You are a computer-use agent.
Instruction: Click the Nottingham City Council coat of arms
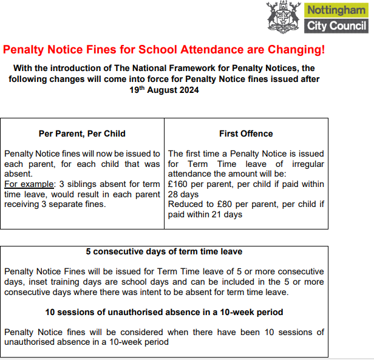click(x=283, y=17)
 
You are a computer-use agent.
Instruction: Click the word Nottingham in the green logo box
click(x=337, y=10)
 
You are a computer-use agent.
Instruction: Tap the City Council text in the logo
click(x=337, y=25)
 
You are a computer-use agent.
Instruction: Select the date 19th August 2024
click(x=164, y=90)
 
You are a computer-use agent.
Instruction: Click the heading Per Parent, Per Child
click(x=82, y=134)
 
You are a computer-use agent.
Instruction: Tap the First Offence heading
click(x=246, y=134)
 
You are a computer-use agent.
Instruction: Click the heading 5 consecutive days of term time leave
click(x=164, y=251)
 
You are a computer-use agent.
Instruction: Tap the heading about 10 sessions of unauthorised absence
click(x=164, y=312)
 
